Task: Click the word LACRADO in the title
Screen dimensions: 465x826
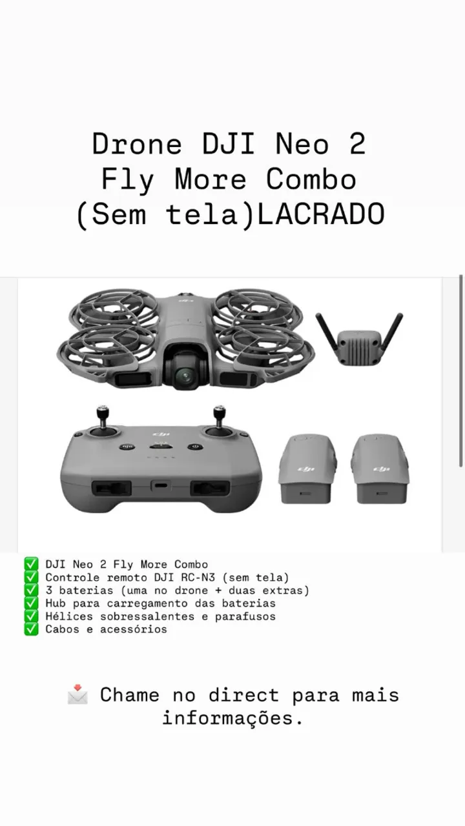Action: [321, 214]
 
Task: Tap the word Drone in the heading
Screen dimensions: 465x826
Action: [137, 144]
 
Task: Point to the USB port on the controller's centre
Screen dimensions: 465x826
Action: [161, 486]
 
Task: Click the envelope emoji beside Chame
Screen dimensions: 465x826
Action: [78, 695]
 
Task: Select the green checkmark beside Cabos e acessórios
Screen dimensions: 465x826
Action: [31, 629]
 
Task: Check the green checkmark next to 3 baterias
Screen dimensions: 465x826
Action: [31, 590]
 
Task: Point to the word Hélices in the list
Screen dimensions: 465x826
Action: [69, 616]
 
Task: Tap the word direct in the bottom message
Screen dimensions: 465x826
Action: [243, 695]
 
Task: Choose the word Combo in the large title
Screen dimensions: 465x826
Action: [311, 179]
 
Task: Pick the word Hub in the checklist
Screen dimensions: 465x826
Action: [56, 603]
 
